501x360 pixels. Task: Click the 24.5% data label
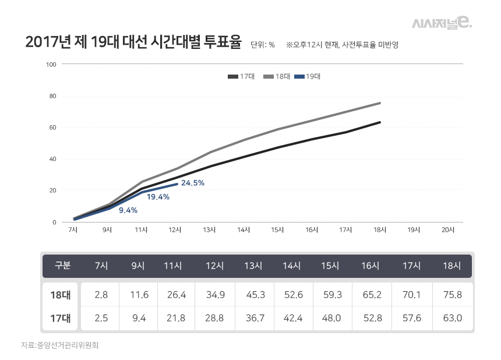click(192, 183)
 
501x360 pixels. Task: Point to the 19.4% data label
click(158, 197)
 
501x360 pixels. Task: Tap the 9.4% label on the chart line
click(128, 210)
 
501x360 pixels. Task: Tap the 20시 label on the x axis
click(447, 230)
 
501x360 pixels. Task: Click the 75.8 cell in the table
click(452, 295)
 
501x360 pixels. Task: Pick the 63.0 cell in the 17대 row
click(452, 318)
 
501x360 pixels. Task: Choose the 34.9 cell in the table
click(216, 295)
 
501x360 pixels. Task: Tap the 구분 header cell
click(62, 266)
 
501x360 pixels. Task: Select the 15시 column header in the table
click(330, 266)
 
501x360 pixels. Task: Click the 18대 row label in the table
click(61, 295)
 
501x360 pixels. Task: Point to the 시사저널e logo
click(442, 23)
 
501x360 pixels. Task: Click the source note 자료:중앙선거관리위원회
click(60, 345)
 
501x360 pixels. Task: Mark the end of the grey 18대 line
click(380, 103)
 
